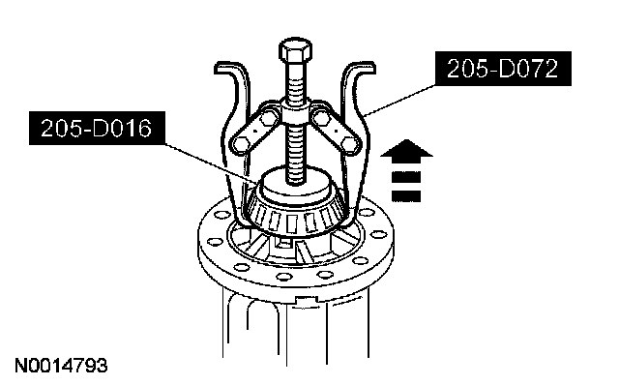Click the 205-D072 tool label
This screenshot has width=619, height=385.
coord(503,69)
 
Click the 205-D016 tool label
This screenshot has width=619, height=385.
coord(97,128)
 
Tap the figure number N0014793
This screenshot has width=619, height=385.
coord(61,366)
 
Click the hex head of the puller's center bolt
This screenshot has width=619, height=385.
coord(296,50)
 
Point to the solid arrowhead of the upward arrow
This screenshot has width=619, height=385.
coord(406,150)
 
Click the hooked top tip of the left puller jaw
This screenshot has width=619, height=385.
coord(222,68)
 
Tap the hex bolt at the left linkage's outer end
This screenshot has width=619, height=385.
coord(242,144)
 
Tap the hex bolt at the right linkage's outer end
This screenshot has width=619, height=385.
coord(350,145)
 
